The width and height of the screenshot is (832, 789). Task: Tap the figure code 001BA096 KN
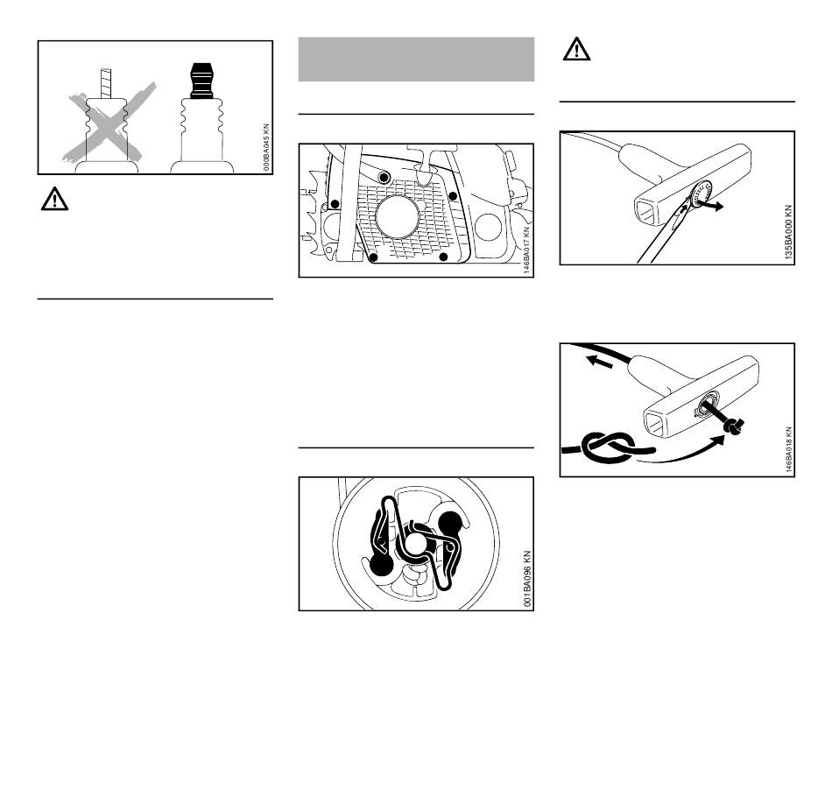527,580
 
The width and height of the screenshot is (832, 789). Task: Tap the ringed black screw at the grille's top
384,179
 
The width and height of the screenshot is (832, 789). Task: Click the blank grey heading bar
416,59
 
